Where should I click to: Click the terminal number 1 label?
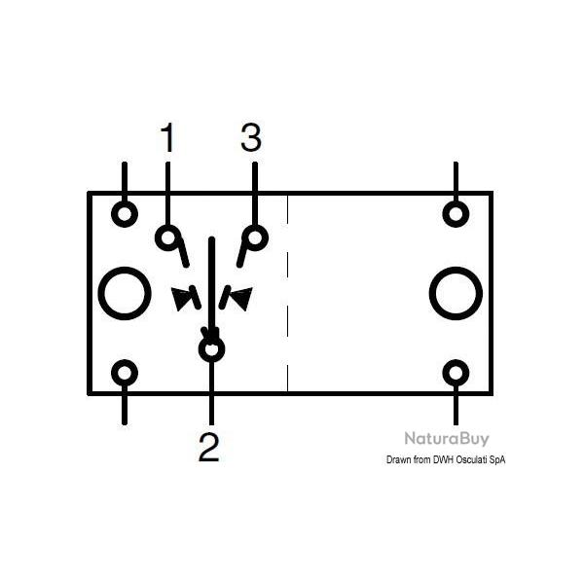(168, 139)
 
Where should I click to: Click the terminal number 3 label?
(251, 139)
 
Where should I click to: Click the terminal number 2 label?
(209, 448)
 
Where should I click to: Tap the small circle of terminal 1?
(169, 237)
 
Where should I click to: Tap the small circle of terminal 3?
(255, 237)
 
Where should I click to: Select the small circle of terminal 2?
(211, 348)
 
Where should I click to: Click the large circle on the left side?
(125, 293)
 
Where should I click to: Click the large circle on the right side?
(456, 293)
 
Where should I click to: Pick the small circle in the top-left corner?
(125, 212)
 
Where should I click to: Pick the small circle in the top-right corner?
(456, 212)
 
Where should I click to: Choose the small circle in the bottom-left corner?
(125, 373)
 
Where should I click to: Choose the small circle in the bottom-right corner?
(456, 373)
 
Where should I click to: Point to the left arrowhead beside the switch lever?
(185, 298)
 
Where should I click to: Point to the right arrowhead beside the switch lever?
(237, 297)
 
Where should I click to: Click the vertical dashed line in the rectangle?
(288, 292)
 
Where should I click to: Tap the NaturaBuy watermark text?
(447, 439)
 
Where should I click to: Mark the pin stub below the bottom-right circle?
(456, 409)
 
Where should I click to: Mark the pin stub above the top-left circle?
(125, 178)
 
